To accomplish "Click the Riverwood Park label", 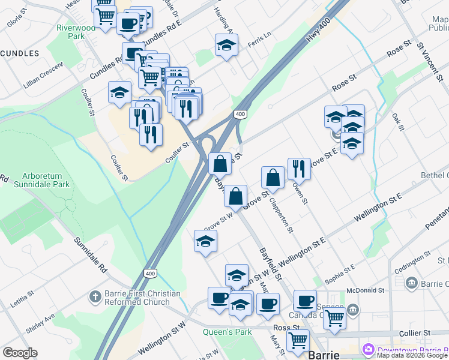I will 76,31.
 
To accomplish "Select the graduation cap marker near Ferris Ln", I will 227,45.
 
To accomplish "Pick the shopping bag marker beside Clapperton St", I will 273,178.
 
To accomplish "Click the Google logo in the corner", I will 20,353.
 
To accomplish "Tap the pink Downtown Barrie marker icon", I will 367,350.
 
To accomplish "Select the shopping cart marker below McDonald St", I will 334,318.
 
